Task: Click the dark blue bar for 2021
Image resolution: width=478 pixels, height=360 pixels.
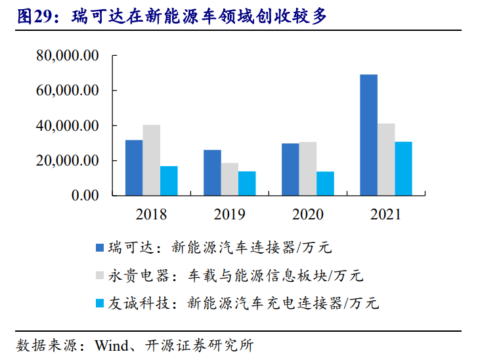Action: click(x=368, y=135)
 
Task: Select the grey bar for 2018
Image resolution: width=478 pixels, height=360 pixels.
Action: click(x=152, y=160)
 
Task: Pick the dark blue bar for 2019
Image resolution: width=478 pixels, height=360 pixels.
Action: click(x=212, y=172)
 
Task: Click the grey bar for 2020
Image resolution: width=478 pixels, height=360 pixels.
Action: click(x=308, y=168)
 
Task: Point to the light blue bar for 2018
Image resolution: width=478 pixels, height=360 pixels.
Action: click(x=169, y=181)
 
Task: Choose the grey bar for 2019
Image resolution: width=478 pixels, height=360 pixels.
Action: click(x=230, y=179)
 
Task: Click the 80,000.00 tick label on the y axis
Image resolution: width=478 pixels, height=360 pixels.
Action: click(x=68, y=55)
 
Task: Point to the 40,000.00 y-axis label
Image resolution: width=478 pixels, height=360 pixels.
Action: click(x=68, y=125)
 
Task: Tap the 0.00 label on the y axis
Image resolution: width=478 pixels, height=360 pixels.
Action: click(x=82, y=195)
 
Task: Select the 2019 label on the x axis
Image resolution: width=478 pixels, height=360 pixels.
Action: click(x=229, y=214)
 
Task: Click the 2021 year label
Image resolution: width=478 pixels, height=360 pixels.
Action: click(x=385, y=214)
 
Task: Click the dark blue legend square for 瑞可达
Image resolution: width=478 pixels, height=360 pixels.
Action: click(x=100, y=248)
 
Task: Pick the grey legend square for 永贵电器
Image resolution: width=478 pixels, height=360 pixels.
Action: click(x=100, y=275)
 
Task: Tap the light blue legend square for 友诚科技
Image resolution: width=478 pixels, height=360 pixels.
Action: click(x=100, y=303)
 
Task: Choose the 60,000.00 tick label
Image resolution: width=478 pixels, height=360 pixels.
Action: click(x=68, y=90)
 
